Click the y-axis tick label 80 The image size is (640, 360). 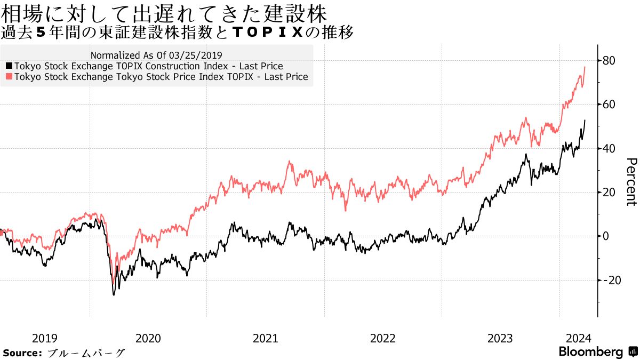coord(610,61)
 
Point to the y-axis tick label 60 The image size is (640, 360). coord(610,105)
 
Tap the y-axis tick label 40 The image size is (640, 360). coord(610,148)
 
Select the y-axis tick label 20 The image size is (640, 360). coord(610,192)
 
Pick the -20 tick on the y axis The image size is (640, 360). coord(612,280)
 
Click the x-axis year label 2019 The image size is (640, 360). coord(45,338)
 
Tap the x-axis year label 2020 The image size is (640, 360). coord(148,338)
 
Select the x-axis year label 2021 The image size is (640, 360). coord(266,338)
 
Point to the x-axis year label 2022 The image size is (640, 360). coord(383,338)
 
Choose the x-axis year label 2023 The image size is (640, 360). coord(500,338)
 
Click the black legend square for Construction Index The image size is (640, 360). coord(9,66)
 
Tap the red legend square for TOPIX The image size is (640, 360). coord(9,77)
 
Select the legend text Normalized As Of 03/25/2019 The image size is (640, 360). coord(156,55)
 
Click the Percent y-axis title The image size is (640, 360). coord(631,182)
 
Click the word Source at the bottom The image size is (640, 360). coord(22,353)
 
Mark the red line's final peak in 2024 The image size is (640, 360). coord(585,67)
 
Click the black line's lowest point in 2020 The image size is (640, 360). coord(114,294)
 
